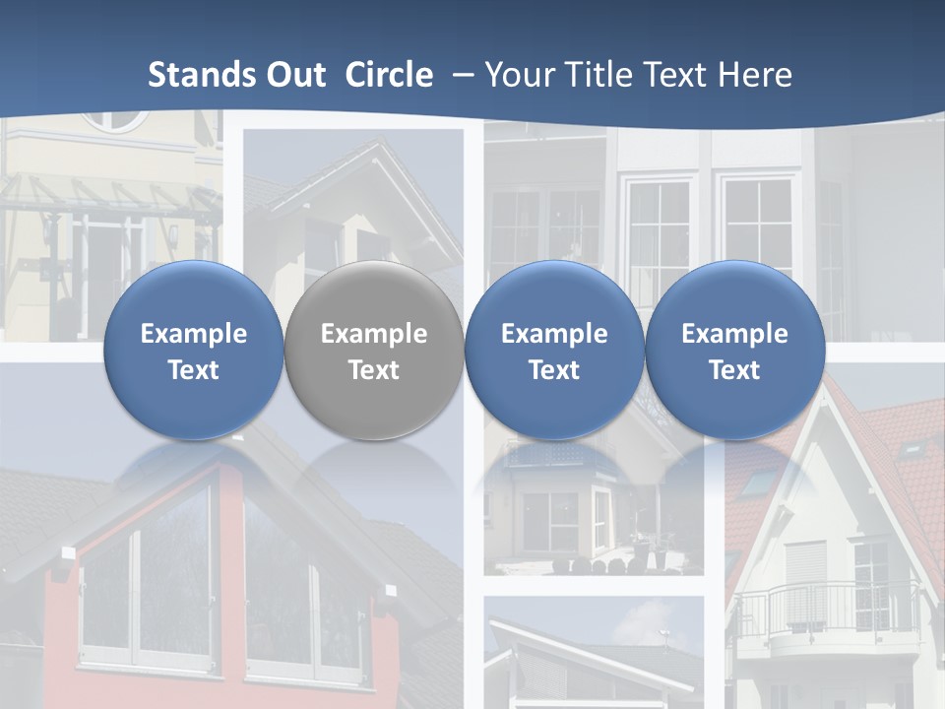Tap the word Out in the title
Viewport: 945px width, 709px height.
click(x=294, y=75)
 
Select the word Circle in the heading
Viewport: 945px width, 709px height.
click(x=389, y=75)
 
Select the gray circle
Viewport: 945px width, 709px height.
click(x=373, y=351)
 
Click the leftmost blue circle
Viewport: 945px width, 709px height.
click(x=193, y=351)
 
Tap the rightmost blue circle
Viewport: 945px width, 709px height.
click(x=734, y=351)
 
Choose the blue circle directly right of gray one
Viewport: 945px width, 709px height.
click(x=554, y=351)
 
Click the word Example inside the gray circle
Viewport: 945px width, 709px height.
click(x=373, y=334)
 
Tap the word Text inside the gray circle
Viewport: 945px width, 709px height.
click(x=373, y=370)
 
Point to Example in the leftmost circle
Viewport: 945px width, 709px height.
click(x=193, y=334)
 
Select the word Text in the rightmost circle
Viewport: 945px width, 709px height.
click(x=734, y=370)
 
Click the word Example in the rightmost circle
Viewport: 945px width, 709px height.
click(x=734, y=334)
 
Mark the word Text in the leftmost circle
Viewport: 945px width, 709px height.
click(x=193, y=370)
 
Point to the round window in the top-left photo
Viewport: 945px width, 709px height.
click(x=114, y=121)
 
